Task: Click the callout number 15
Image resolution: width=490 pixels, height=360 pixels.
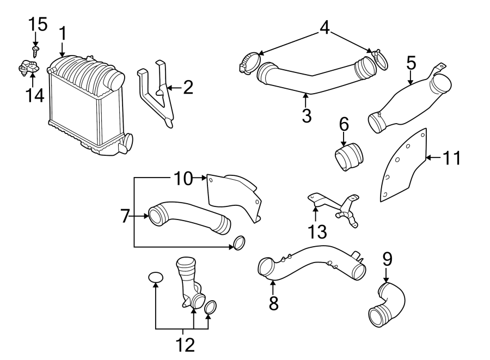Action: pos(38,24)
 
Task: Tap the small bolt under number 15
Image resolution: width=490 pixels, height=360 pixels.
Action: pos(35,52)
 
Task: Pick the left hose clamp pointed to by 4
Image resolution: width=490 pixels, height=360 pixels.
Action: pos(249,61)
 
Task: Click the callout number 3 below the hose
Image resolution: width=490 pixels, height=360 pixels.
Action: pos(307,115)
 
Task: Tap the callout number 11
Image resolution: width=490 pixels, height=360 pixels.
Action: pos(451,158)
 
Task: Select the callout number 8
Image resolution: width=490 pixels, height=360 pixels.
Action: pos(273,302)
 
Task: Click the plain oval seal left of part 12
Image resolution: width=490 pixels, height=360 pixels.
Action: pos(156,278)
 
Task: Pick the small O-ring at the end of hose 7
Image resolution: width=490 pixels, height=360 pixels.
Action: pos(238,242)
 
